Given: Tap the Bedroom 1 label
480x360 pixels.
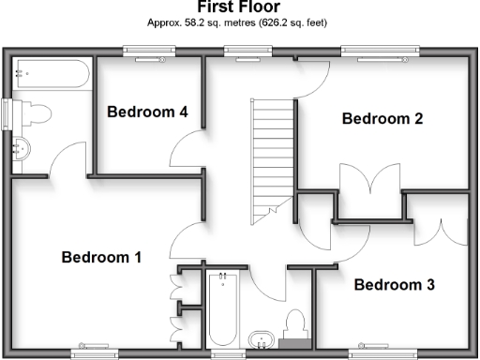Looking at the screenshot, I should [101, 257].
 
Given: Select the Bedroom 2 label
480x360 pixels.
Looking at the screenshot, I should [382, 119].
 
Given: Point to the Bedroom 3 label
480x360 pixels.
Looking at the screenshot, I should [395, 285].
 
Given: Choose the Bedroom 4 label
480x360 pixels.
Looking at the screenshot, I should [147, 112].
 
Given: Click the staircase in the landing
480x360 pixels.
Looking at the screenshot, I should [274, 156].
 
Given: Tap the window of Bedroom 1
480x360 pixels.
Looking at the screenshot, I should [97, 353].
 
